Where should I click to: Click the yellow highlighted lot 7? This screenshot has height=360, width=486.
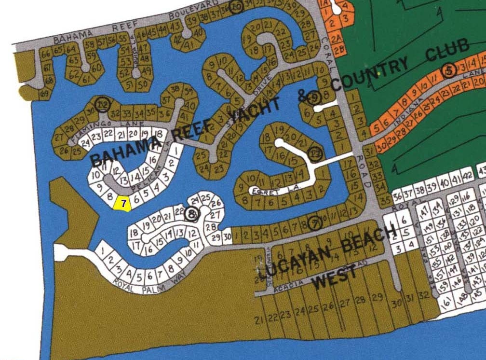click(x=124, y=204)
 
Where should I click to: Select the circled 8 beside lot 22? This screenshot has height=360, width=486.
click(x=192, y=214)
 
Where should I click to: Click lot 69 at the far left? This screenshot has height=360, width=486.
click(x=45, y=92)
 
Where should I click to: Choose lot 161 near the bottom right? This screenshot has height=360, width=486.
click(x=446, y=303)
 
